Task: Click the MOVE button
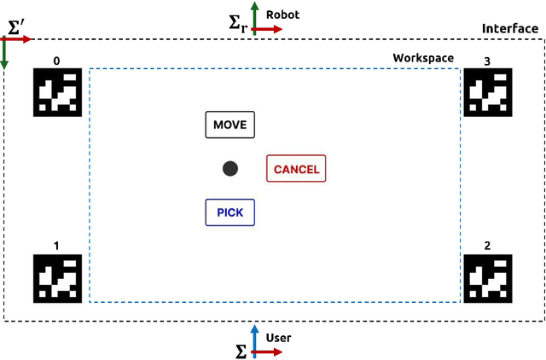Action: tap(229, 125)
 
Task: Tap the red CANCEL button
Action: tap(296, 169)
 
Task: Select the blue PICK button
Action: tap(229, 212)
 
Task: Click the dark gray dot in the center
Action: tap(229, 169)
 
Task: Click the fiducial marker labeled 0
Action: tap(57, 92)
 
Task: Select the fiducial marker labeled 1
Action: tap(57, 278)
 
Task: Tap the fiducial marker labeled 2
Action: tap(487, 278)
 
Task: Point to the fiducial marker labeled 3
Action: tap(487, 92)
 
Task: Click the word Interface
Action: tap(510, 28)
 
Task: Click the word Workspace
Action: tap(423, 58)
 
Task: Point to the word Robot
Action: tap(283, 15)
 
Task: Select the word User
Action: tap(278, 338)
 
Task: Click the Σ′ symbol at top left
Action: tap(16, 26)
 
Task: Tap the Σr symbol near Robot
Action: tap(239, 25)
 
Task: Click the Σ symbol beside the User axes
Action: tap(241, 350)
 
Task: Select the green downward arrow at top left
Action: tap(5, 55)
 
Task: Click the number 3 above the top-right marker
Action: tap(487, 61)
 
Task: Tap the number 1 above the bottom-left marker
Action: tap(57, 247)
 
